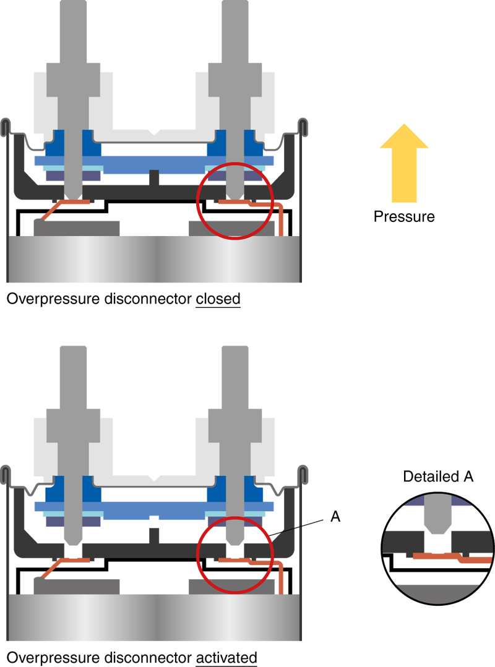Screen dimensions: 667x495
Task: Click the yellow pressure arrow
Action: pyautogui.click(x=404, y=163)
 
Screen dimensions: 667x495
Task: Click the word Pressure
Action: pyautogui.click(x=404, y=217)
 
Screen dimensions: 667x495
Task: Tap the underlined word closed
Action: pyautogui.click(x=218, y=300)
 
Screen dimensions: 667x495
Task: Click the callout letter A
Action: pyautogui.click(x=335, y=517)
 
